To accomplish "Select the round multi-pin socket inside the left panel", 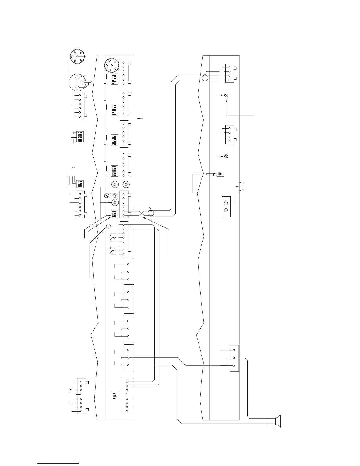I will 112,65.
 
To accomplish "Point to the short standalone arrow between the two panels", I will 140,118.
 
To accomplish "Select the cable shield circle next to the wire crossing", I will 150,213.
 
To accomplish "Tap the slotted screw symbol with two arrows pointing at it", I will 226,95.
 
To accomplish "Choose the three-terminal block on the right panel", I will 234,358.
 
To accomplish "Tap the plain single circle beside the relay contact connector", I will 108,226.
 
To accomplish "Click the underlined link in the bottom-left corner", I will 59,463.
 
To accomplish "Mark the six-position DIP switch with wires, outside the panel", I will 80,137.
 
